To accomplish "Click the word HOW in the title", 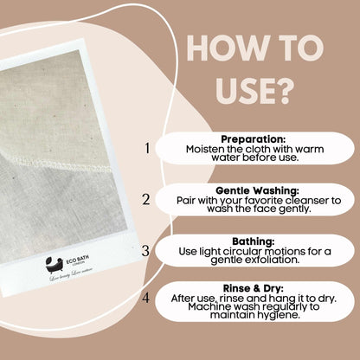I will point(215,48).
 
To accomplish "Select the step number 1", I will point(147,148).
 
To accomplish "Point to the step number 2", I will point(146,199).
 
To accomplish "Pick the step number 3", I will point(146,251).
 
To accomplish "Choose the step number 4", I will point(146,299).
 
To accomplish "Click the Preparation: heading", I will point(254,138).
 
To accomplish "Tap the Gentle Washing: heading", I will point(254,190).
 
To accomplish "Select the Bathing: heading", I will point(254,241).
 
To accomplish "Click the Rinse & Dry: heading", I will point(254,289).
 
